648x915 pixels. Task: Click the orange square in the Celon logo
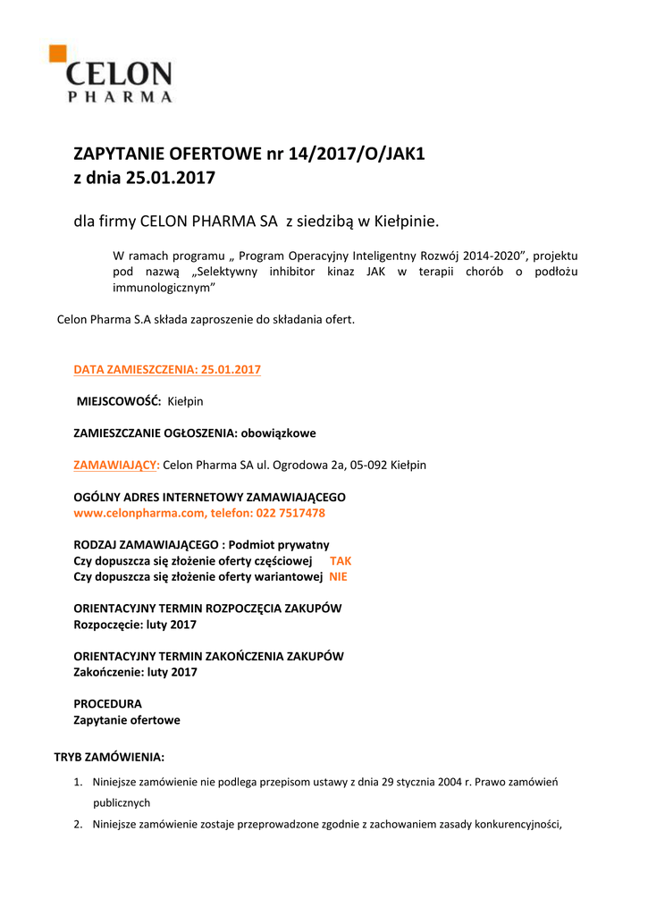click(x=57, y=54)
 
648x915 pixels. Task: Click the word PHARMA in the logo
click(x=121, y=97)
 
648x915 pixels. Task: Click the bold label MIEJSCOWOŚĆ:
click(x=119, y=401)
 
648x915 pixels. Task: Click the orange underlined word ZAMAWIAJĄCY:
click(x=116, y=465)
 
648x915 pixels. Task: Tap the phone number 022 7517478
click(x=290, y=513)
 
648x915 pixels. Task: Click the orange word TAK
click(x=341, y=560)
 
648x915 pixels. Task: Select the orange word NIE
click(x=338, y=576)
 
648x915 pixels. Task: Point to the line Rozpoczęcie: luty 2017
click(x=134, y=625)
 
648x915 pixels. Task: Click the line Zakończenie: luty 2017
click(x=135, y=672)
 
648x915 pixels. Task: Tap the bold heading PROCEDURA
click(x=107, y=703)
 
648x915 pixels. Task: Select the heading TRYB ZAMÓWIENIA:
click(x=109, y=757)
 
